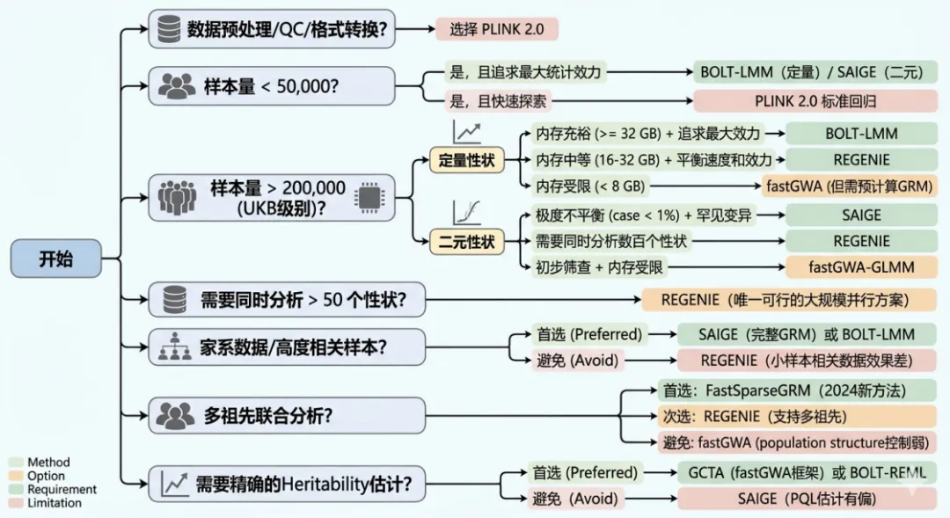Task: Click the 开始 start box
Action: (x=55, y=259)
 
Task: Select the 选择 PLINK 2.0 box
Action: (x=497, y=29)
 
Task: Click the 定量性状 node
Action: (x=466, y=161)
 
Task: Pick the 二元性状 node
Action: (x=466, y=241)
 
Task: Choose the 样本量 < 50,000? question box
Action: (x=272, y=85)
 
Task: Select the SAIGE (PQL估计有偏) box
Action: (x=807, y=499)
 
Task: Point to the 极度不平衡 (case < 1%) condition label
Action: (x=643, y=215)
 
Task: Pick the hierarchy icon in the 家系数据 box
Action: (x=175, y=348)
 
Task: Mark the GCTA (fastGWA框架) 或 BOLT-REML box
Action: (x=807, y=472)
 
